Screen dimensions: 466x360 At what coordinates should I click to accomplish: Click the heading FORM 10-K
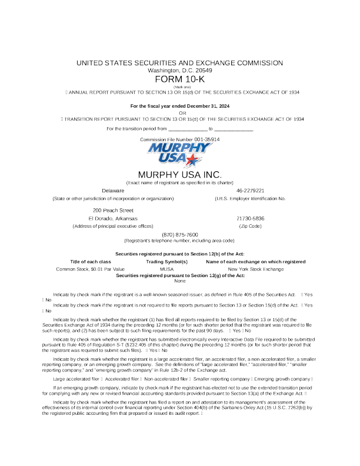[179, 79]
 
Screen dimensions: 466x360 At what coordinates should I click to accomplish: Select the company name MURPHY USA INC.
[179, 175]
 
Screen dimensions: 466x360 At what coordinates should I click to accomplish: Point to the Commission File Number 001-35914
[180, 139]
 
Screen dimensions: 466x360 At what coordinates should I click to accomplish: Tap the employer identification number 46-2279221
[250, 191]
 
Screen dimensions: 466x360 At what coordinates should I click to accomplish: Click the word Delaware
[113, 191]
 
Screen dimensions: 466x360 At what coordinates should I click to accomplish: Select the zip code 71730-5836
[250, 218]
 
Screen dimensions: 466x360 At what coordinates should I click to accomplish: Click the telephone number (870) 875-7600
[179, 234]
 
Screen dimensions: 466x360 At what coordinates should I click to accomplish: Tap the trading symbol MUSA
[166, 268]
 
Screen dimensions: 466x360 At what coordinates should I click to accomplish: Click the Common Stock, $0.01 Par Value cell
[90, 268]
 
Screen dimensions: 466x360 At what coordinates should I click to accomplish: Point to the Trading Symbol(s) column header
[166, 261]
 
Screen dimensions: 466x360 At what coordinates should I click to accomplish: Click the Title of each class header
[91, 261]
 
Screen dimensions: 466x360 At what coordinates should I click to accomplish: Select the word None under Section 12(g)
[180, 281]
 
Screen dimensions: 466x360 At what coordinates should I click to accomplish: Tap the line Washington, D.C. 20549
[179, 71]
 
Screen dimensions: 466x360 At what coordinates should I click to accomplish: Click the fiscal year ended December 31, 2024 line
[179, 105]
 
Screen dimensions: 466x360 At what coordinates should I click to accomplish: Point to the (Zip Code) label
[250, 226]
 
